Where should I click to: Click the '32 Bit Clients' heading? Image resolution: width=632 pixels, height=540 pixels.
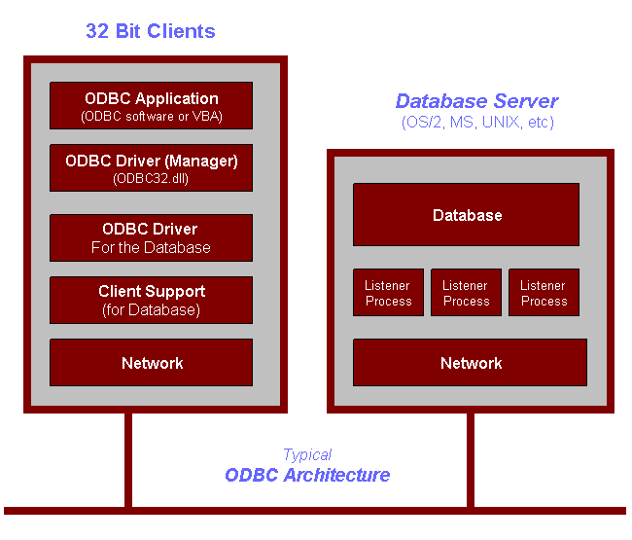(151, 31)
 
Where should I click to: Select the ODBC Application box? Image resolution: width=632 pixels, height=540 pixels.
(151, 106)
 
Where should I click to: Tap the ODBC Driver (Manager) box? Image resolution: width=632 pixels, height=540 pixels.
(151, 167)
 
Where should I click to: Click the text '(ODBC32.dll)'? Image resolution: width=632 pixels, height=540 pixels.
(151, 179)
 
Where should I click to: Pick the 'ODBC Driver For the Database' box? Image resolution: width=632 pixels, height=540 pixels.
(151, 238)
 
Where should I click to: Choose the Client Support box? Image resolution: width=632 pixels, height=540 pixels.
(151, 300)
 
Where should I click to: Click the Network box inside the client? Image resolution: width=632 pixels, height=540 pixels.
(151, 363)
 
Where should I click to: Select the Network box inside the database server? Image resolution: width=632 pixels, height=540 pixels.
(470, 363)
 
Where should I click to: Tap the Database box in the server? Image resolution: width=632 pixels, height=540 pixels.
(467, 215)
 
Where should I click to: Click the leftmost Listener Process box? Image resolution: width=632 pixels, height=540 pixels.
(389, 293)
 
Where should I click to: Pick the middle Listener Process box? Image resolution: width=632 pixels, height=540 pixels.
(467, 293)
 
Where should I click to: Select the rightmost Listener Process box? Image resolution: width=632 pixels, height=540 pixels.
(544, 293)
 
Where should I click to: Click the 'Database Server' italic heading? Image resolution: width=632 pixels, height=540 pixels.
(477, 101)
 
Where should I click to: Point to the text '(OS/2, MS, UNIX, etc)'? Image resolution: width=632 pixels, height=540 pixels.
(477, 122)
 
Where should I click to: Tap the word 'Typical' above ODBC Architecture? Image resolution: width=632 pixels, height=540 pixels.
(307, 455)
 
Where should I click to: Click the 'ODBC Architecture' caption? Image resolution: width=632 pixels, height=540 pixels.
(307, 475)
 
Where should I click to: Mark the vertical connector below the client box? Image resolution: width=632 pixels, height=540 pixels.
(128, 460)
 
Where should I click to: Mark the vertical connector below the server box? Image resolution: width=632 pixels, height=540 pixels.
(471, 460)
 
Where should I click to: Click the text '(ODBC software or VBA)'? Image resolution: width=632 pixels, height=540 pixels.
(152, 117)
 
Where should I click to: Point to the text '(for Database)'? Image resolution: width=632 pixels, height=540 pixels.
(151, 309)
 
